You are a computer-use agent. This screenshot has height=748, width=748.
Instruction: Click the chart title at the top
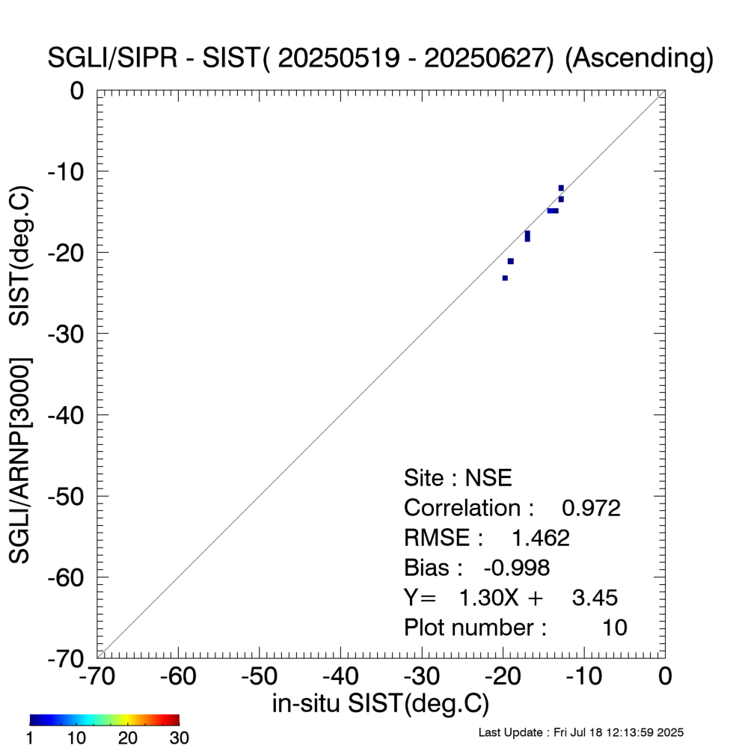[381, 58]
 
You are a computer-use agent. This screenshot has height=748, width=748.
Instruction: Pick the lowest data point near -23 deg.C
[505, 278]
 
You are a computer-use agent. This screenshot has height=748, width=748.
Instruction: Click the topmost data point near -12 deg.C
[561, 188]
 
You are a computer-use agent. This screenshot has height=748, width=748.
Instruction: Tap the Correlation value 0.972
[591, 509]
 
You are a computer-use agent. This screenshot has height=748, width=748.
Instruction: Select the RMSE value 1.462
[540, 539]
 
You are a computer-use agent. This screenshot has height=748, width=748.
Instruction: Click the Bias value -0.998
[518, 568]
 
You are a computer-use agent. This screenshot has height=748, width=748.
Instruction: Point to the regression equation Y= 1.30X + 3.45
[510, 598]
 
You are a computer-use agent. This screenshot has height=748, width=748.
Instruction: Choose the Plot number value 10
[615, 628]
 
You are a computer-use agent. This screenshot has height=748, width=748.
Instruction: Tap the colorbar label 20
[129, 738]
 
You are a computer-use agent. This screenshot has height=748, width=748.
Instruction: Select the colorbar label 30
[177, 738]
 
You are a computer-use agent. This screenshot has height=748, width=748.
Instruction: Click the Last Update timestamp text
[580, 732]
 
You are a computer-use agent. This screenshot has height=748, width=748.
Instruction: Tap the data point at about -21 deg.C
[510, 261]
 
